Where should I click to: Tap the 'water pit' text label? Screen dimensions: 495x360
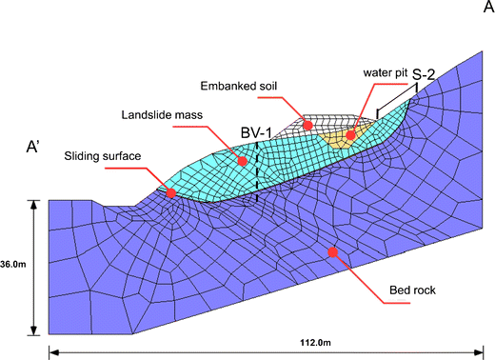click(x=385, y=72)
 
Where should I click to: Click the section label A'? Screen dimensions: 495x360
click(x=40, y=149)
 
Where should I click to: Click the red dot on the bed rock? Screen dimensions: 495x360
click(x=332, y=252)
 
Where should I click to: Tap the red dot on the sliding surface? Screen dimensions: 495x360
click(x=170, y=193)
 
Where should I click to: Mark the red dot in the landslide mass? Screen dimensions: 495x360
click(x=243, y=161)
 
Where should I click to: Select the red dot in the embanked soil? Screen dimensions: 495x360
click(x=308, y=125)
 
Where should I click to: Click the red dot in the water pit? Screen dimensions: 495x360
click(x=350, y=134)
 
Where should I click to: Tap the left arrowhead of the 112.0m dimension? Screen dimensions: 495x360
click(x=52, y=352)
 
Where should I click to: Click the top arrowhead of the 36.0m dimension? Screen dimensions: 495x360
click(x=34, y=204)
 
